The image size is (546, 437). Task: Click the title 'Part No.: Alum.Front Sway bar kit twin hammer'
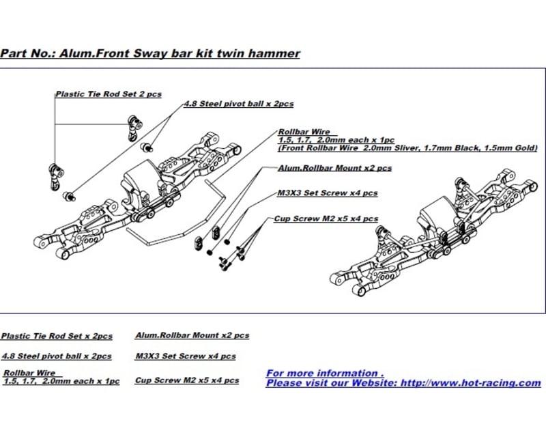pos(150,53)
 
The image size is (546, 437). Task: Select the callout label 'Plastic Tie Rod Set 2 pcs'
pos(109,94)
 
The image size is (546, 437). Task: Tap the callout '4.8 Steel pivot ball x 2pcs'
pos(239,104)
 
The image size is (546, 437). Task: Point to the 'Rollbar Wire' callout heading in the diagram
pos(304,132)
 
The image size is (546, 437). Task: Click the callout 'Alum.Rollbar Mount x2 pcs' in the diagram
pos(334,167)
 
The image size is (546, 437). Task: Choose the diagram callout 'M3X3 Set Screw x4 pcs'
pos(327,193)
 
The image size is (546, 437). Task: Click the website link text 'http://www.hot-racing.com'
pos(470,383)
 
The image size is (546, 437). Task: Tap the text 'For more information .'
pos(325,373)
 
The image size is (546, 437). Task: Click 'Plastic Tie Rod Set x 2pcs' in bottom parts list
pos(57,336)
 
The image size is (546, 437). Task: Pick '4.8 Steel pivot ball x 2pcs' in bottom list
pos(57,356)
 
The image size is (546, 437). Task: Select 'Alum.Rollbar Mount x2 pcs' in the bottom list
pos(192,335)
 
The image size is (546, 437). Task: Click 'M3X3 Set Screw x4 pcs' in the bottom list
pos(185,356)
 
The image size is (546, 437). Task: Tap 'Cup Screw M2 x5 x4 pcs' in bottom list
pos(187,380)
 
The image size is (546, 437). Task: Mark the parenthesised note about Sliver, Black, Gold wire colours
pos(407,147)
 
